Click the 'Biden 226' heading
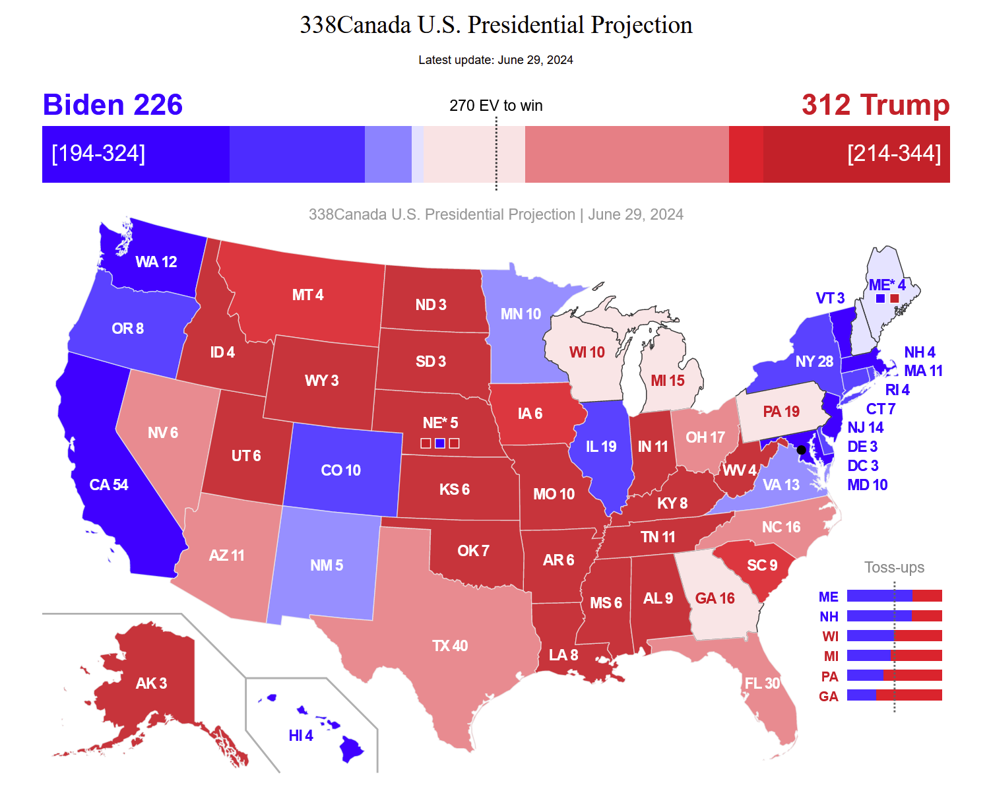112,105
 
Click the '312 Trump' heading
875,105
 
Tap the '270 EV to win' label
495,106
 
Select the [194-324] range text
98,153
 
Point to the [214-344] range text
893,153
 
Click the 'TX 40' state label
449,646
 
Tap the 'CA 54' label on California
109,485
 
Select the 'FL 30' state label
762,683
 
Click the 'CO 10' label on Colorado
340,470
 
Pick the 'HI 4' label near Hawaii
301,736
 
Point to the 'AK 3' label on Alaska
151,683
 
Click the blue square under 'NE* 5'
440,443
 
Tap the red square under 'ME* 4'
895,299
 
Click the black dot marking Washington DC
801,450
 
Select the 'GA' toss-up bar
894,695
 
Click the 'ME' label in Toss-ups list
828,597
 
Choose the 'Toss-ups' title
894,567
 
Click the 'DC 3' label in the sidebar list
862,466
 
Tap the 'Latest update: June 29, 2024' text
495,60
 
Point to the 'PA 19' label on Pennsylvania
781,412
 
